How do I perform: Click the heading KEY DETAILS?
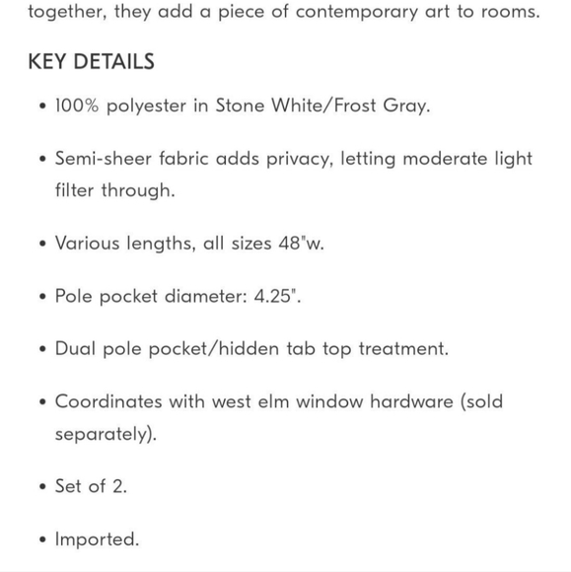[91, 61]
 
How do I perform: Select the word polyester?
[151, 106]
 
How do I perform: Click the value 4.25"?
[274, 296]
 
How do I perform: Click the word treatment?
[402, 349]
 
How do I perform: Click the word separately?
[104, 434]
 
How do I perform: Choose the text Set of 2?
[91, 486]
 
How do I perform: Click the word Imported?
[97, 539]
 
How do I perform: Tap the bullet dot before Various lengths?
[41, 245]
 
